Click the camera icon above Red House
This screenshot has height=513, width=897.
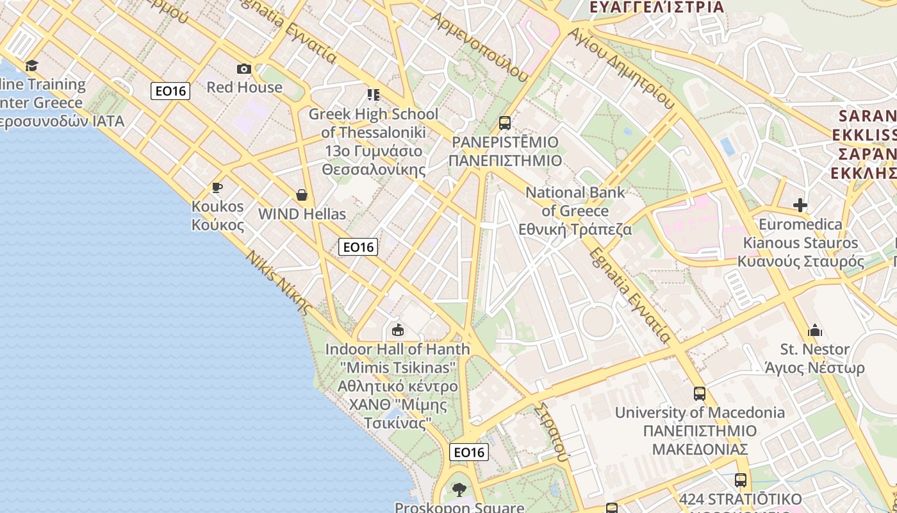pos(244,69)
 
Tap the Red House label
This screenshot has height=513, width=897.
pos(244,87)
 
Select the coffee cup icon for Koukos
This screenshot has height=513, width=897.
pos(217,187)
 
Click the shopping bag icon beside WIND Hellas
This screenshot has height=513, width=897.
pos(302,195)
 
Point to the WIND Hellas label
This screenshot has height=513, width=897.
pos(302,214)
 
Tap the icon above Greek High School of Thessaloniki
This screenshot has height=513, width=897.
pos(374,95)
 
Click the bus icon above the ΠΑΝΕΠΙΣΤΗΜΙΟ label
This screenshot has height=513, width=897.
pos(505,122)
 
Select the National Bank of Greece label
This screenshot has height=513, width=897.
pos(575,211)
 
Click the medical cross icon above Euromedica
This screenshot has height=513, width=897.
pos(800,205)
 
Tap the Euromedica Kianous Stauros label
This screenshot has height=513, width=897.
pos(800,243)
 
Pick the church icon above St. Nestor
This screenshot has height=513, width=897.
pos(815,330)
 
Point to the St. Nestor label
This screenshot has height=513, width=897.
pos(815,358)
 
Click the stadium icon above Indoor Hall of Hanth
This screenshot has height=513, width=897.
pos(398,330)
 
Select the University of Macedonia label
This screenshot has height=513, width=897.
pos(700,430)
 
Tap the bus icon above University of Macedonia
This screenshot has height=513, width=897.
pos(700,394)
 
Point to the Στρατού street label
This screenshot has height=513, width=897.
pos(552,432)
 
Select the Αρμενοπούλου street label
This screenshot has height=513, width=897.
pos(481,47)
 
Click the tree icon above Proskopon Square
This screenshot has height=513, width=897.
pos(459,490)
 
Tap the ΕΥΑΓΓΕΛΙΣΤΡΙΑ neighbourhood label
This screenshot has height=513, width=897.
pos(656,7)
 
